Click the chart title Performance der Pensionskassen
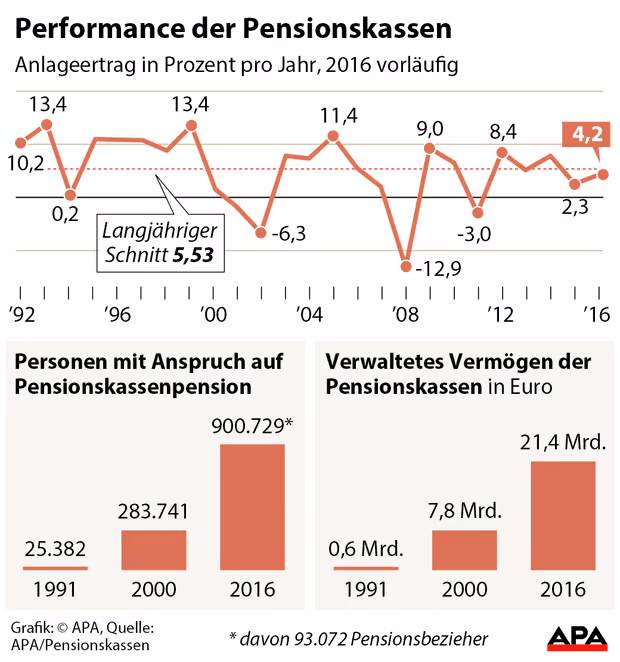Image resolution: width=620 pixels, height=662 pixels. point(232,24)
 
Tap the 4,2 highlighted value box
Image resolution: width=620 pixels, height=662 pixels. point(587,134)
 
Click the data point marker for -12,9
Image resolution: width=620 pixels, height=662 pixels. point(406,266)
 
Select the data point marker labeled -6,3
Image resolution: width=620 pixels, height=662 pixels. point(261,233)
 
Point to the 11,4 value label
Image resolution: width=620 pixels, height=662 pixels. point(339,116)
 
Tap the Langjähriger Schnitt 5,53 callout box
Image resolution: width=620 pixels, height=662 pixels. point(161,243)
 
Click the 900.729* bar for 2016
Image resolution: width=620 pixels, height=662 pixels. point(251,507)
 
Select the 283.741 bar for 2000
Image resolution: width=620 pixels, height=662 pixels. point(154,550)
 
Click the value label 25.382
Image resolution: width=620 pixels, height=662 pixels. point(55,549)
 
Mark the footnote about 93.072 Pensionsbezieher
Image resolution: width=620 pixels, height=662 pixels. point(358,637)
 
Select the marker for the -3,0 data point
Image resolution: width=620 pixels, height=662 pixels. point(478,212)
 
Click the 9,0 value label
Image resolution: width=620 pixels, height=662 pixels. point(430,128)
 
